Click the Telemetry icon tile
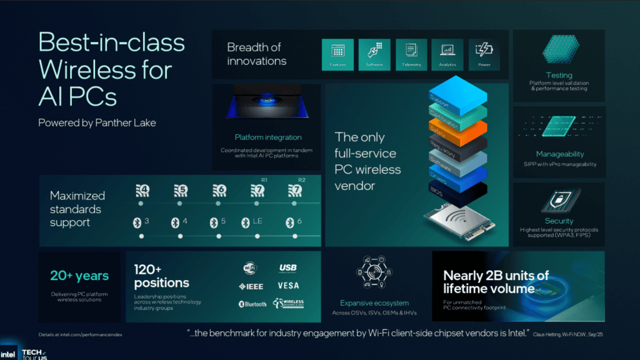point(411,54)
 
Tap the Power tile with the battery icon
point(484,54)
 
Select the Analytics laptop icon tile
point(447,54)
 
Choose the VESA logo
point(288,286)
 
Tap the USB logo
point(287,268)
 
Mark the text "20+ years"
point(79,276)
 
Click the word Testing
point(559,75)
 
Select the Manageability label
point(560,154)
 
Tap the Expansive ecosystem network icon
point(374,272)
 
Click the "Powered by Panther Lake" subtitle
point(97,122)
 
